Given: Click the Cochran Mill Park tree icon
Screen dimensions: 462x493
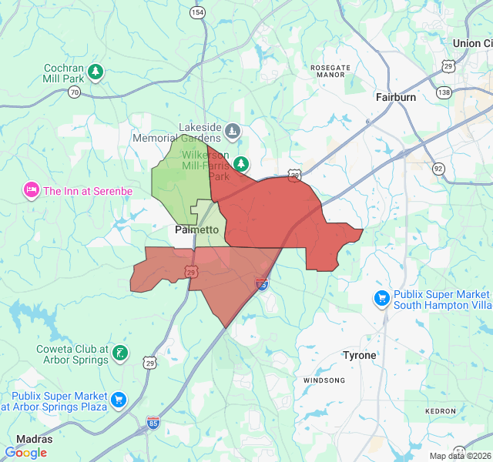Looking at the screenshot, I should point(96,72).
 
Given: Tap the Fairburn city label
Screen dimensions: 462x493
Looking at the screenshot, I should point(396,98).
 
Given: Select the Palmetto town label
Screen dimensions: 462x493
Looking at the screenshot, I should point(197,229).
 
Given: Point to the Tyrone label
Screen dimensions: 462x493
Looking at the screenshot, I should point(360,355).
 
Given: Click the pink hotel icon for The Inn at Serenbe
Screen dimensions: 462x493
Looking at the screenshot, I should point(32,189).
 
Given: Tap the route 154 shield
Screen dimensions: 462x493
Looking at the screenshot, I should point(199,13).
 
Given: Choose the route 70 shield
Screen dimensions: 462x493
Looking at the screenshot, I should point(74,92).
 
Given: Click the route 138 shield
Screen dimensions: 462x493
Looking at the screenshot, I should point(444,92).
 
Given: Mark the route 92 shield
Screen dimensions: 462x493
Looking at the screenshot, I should point(438,168).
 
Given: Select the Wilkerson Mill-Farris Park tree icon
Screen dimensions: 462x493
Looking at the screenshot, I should point(242,163).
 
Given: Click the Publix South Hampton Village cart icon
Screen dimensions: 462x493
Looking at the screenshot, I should point(381,298).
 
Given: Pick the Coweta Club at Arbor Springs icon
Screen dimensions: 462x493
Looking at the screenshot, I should point(120,353).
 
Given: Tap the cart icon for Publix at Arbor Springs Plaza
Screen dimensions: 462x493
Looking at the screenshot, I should point(118,399).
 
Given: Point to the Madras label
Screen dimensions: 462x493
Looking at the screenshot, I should point(35,439).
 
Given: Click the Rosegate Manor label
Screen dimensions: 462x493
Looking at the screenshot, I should point(330,72).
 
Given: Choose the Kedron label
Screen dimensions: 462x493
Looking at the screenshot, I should point(441,411).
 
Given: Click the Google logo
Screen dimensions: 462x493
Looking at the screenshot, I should point(25,453).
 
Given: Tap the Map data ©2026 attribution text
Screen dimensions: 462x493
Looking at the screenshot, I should point(459,456).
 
